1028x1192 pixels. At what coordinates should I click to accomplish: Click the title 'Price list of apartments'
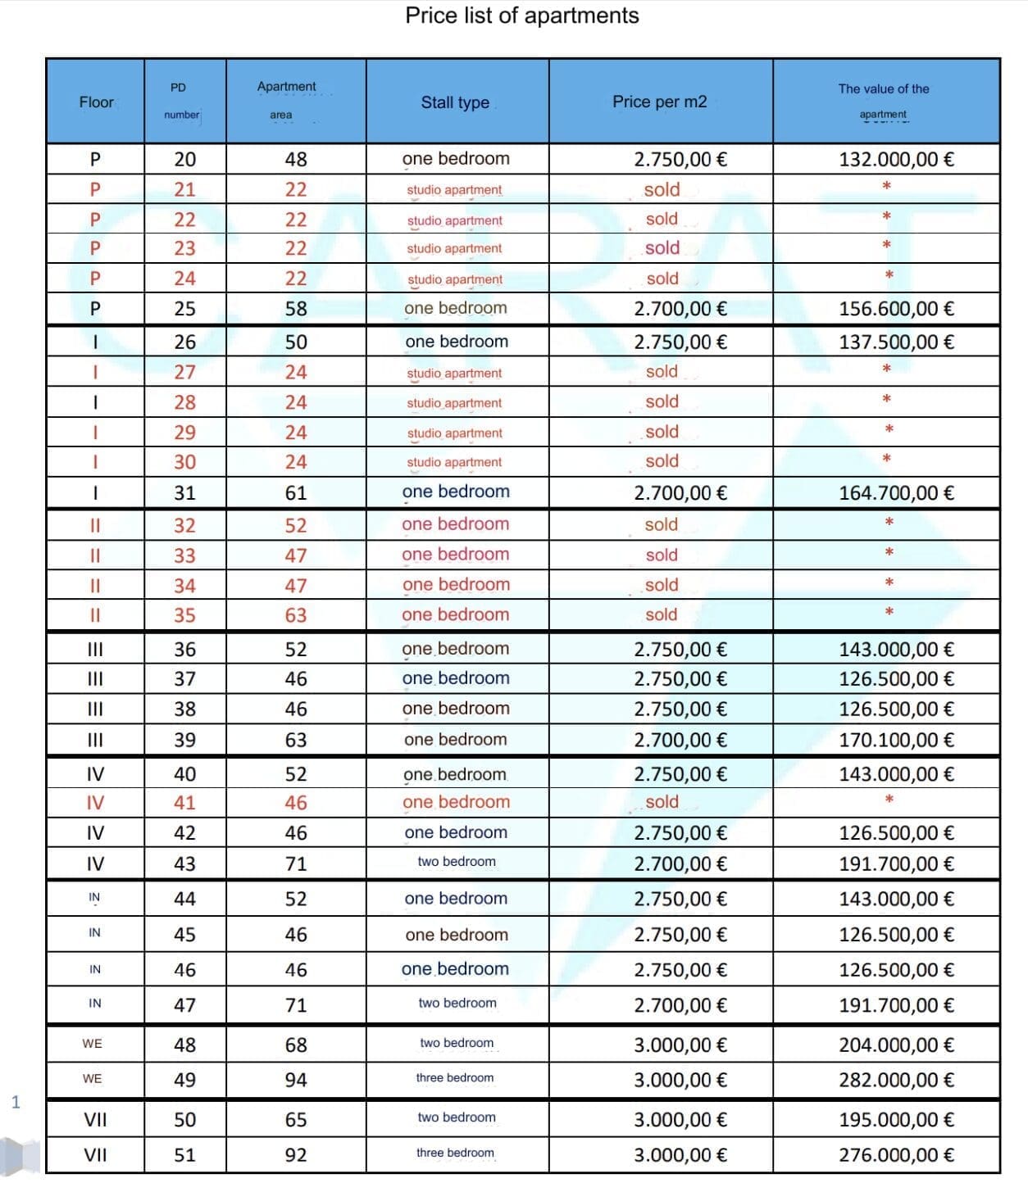click(x=521, y=16)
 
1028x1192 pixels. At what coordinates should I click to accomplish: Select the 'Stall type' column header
click(x=455, y=102)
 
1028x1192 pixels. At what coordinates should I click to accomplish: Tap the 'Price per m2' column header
click(x=659, y=102)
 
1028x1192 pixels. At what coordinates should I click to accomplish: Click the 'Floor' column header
click(x=96, y=102)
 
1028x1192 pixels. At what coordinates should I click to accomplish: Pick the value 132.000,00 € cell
click(x=896, y=159)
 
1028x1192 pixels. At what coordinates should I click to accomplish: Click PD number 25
click(x=184, y=309)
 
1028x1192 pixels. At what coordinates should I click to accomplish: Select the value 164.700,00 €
click(x=896, y=492)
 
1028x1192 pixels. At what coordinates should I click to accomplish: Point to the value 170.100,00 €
click(x=896, y=740)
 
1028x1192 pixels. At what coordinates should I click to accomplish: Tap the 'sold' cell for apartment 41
click(x=662, y=802)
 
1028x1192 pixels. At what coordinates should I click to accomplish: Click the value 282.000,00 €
click(x=896, y=1080)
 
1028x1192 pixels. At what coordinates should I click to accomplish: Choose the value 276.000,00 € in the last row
click(x=896, y=1155)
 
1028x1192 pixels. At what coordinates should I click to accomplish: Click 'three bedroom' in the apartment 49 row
click(x=455, y=1078)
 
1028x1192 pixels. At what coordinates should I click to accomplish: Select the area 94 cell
click(x=296, y=1080)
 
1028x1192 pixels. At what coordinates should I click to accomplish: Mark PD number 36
click(x=184, y=650)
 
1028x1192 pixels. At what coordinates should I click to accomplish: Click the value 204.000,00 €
click(x=896, y=1045)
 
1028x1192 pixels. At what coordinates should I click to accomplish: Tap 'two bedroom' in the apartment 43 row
click(x=457, y=862)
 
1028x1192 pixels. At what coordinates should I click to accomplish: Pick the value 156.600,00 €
click(x=896, y=309)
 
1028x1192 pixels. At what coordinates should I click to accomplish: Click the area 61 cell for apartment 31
click(x=296, y=492)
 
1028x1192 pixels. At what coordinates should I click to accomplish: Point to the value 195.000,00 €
click(x=896, y=1119)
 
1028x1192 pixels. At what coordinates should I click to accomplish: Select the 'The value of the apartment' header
click(x=884, y=101)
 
